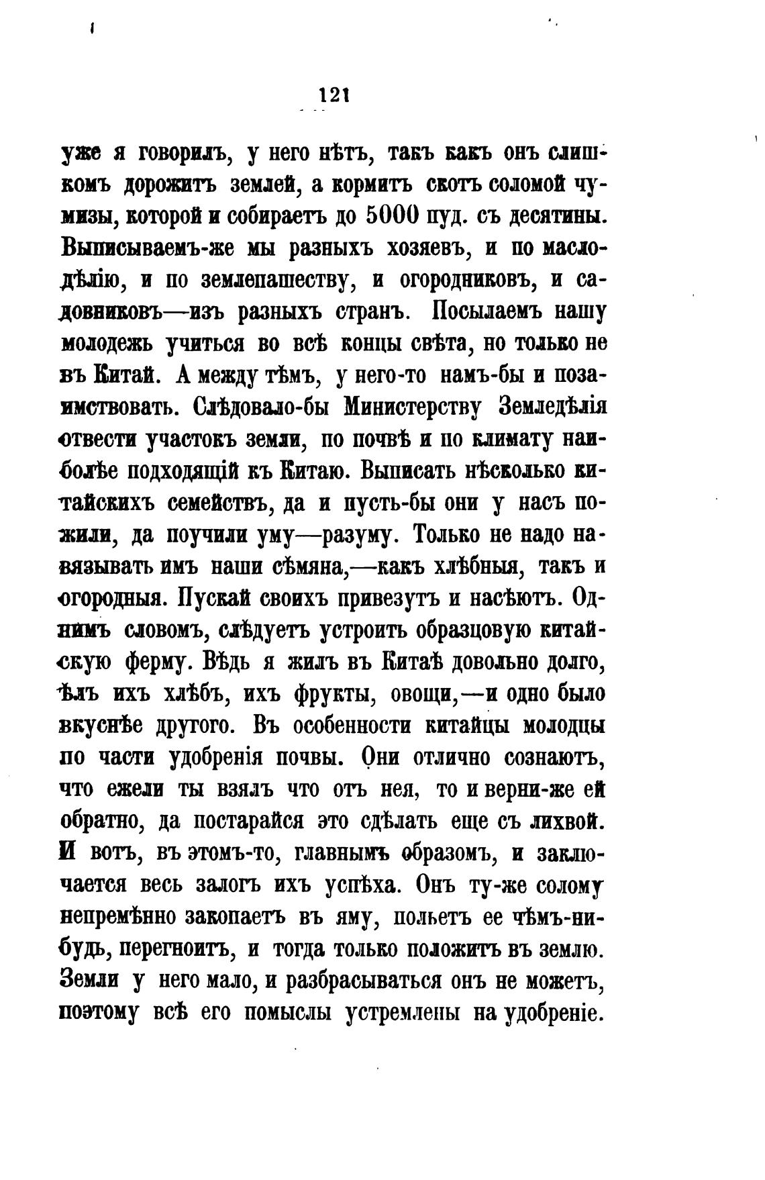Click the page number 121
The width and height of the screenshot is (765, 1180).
click(x=334, y=96)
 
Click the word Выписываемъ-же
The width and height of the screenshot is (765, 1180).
click(x=147, y=249)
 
